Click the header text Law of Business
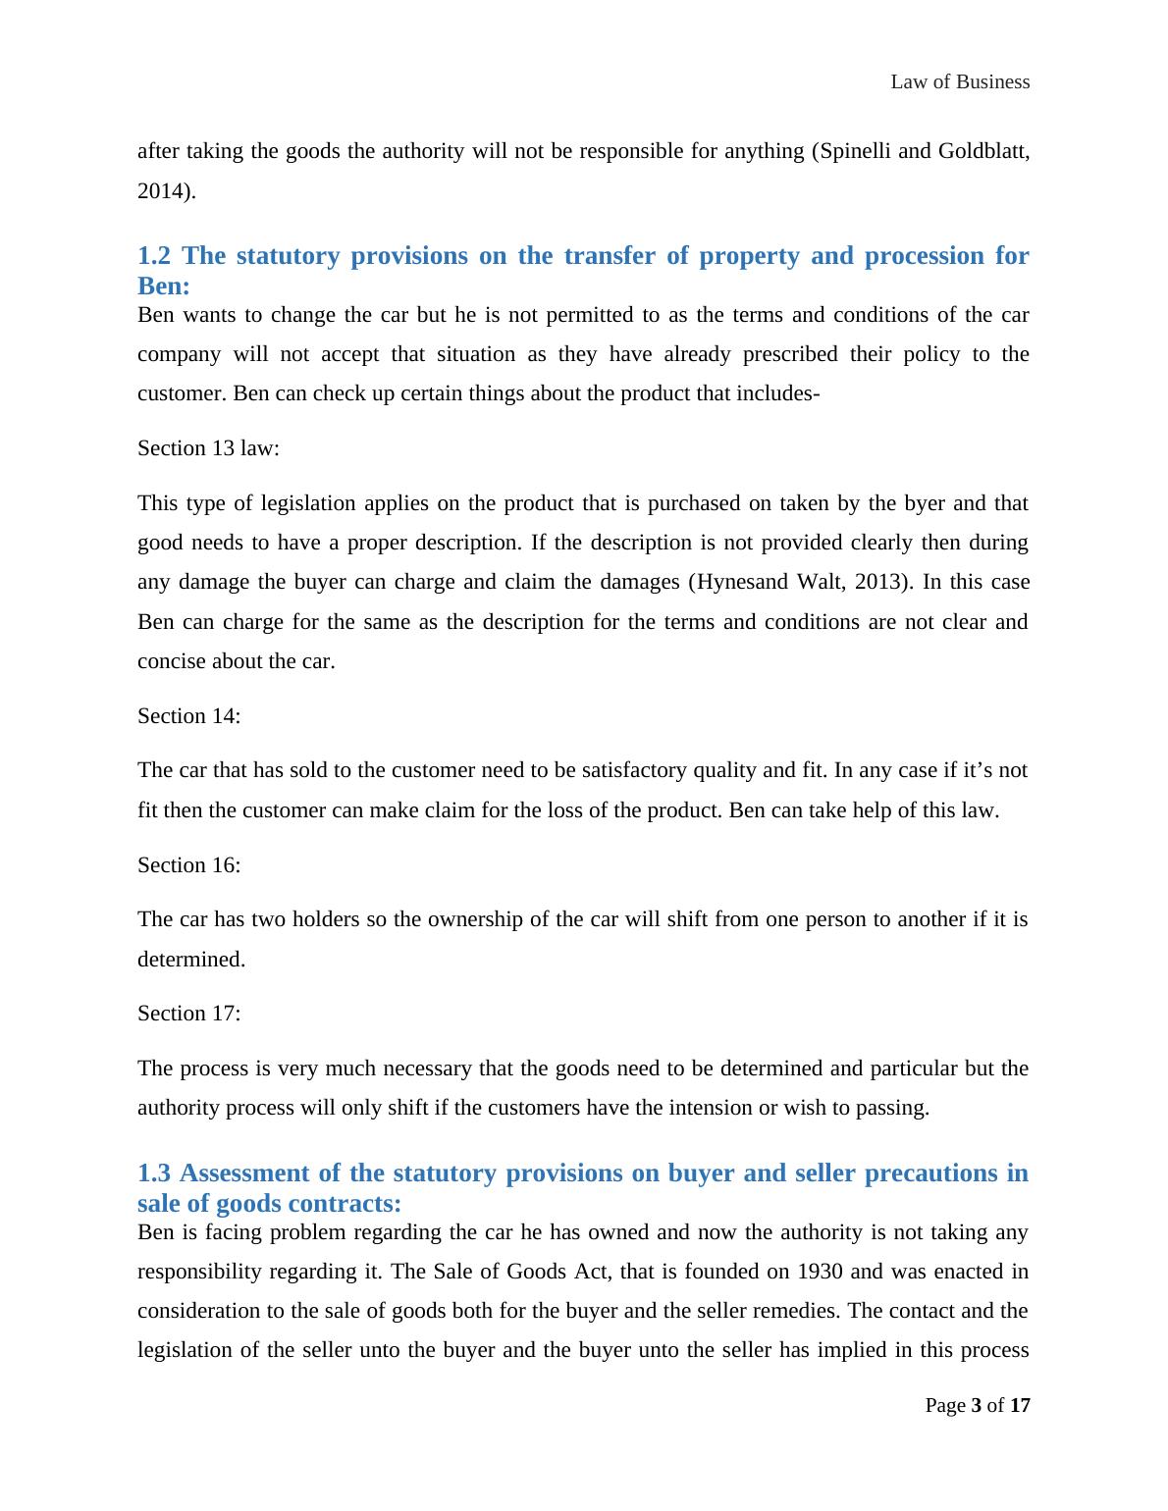coord(960,82)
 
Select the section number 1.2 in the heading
coord(154,256)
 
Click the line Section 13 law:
coord(208,448)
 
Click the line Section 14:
coord(188,716)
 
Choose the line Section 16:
coord(188,865)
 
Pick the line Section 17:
coord(188,1014)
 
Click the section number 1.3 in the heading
coord(154,1173)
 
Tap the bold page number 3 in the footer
coord(977,1406)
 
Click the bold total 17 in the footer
coord(1020,1406)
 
